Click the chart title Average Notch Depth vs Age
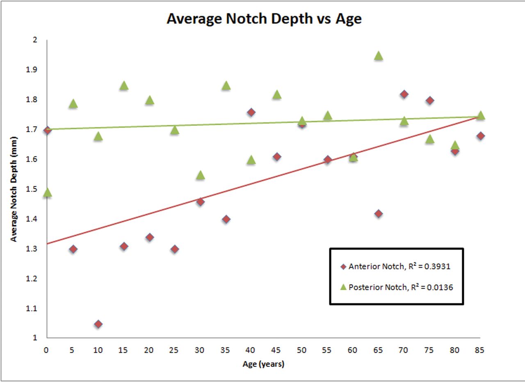264,19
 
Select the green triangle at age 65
379,56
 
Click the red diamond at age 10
98,324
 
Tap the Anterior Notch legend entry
396,266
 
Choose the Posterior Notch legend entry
396,287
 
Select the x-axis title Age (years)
263,364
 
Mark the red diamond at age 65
379,214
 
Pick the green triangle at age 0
47,193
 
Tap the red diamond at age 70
404,94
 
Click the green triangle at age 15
124,85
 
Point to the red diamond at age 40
251,112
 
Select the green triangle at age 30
200,175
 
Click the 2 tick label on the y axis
35,40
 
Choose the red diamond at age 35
226,219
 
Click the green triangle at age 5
73,103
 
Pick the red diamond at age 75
430,100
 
